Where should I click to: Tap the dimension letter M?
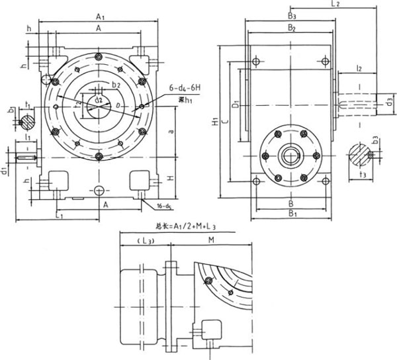210,238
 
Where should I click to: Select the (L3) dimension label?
144,239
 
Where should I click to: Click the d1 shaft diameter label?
5,173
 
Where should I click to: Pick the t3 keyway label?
361,173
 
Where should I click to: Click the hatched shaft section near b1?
28,122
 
